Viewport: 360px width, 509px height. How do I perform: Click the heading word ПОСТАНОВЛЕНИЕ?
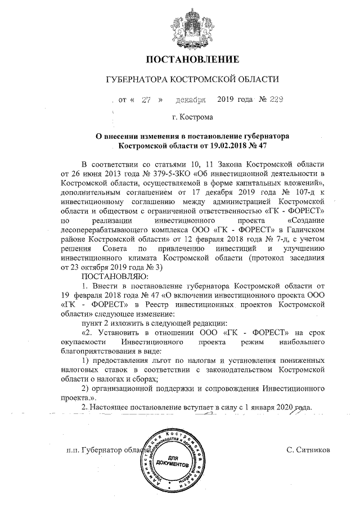click(x=193, y=59)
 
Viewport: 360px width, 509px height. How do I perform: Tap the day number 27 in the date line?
click(x=147, y=100)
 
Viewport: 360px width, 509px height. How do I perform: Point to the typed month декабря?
click(x=191, y=100)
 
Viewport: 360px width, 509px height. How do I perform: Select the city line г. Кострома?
click(x=193, y=118)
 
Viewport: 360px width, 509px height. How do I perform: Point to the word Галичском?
click(x=297, y=229)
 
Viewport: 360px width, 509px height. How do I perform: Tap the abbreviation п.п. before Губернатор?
click(x=72, y=451)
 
